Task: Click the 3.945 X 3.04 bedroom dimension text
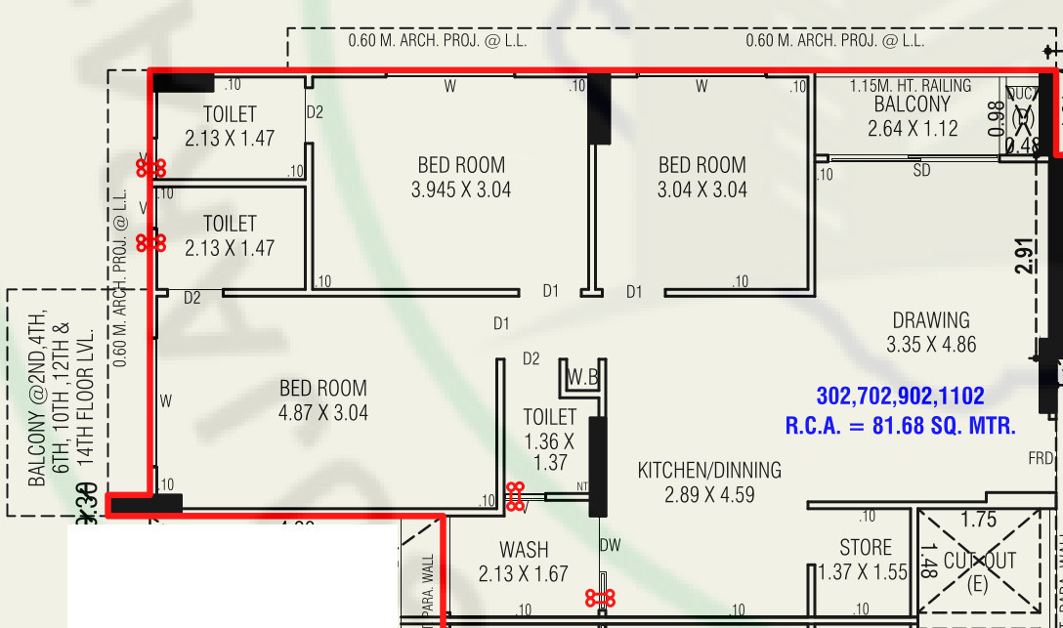(x=461, y=189)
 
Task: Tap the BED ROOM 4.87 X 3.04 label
(x=323, y=400)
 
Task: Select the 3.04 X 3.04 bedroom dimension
(x=702, y=189)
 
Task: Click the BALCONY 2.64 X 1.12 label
(x=912, y=116)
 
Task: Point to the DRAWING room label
(x=930, y=320)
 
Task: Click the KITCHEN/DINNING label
(x=709, y=471)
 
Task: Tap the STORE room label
(x=866, y=548)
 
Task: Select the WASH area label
(x=524, y=550)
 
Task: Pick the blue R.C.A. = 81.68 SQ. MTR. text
(x=900, y=426)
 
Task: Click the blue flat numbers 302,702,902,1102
(x=900, y=397)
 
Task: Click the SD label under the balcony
(x=921, y=171)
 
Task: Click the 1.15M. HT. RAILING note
(x=911, y=86)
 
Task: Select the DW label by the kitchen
(x=610, y=544)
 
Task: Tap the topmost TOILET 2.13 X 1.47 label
(x=230, y=126)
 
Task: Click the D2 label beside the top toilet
(x=315, y=112)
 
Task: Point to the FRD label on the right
(x=1040, y=458)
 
